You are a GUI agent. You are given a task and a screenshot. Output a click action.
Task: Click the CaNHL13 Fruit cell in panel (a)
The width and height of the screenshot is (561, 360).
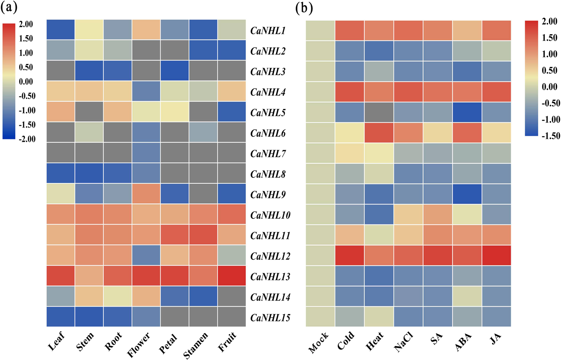click(232, 276)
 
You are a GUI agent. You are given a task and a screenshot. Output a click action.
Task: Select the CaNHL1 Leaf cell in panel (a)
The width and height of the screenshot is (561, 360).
click(61, 30)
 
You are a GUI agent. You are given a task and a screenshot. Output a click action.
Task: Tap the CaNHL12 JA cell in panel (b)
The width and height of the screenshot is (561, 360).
click(496, 255)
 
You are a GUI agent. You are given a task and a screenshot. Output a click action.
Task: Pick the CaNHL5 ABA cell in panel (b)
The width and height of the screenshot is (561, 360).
click(467, 112)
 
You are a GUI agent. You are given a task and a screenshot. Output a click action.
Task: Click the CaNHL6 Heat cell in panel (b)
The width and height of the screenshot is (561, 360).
click(379, 133)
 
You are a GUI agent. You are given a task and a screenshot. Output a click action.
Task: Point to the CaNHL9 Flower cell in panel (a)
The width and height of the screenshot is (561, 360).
click(146, 194)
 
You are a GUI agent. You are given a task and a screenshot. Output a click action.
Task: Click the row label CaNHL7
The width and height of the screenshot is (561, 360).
click(268, 154)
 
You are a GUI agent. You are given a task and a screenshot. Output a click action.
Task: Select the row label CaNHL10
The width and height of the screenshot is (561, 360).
click(270, 215)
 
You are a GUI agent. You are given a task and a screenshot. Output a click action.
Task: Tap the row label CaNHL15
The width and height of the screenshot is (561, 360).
click(270, 318)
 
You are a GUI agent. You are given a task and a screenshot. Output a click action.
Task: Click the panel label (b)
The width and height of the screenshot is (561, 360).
click(304, 8)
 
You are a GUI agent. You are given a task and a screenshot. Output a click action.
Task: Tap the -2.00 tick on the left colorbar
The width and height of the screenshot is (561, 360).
click(27, 139)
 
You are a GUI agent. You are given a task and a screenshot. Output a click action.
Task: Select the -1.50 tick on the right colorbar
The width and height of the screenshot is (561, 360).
click(551, 136)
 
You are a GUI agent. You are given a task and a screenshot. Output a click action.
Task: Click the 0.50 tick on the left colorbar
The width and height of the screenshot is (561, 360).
click(26, 67)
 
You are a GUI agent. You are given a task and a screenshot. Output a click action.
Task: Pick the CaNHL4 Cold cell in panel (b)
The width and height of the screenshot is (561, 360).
click(350, 92)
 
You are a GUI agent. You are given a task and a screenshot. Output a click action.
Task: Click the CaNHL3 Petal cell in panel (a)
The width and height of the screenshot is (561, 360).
click(175, 71)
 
